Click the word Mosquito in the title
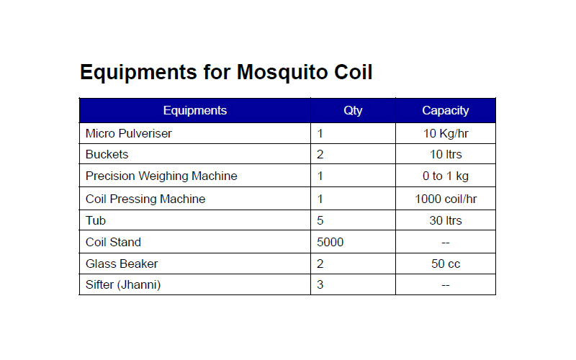[x=282, y=73]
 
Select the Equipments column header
[x=195, y=111]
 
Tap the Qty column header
[x=353, y=111]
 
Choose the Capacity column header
[x=446, y=111]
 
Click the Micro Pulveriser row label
[x=129, y=133]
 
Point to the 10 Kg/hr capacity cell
[x=446, y=134]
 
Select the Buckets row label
[x=107, y=154]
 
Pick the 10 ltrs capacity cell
[x=446, y=154]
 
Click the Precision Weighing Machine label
[x=161, y=176]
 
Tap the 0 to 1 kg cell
[x=446, y=176]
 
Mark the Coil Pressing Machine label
[x=145, y=199]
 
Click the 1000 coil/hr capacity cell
[x=446, y=199]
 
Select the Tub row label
[x=96, y=220]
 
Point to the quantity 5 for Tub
[x=320, y=220]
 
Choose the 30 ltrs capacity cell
[x=446, y=220]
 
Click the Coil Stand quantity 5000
[x=330, y=242]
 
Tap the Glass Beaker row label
[x=122, y=264]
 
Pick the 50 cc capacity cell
[x=446, y=264]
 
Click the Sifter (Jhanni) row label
[x=123, y=284]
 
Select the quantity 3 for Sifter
[x=320, y=284]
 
